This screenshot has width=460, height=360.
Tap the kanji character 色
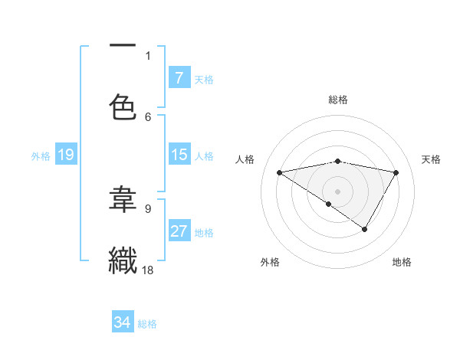123,107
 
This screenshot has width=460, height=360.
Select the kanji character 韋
123,200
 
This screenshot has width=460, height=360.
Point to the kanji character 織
123,260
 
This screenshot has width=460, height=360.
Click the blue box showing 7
179,78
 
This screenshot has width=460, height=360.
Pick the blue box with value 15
179,155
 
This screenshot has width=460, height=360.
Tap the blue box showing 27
179,231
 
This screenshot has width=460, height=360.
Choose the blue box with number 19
66,155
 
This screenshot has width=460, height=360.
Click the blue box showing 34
123,322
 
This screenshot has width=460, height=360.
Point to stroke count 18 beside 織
149,270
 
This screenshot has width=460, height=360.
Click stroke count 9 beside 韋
148,208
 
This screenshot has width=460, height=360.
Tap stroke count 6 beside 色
148,116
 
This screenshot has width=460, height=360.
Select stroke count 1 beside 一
148,55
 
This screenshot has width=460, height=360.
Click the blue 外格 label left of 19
41,156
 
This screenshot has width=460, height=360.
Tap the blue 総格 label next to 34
147,324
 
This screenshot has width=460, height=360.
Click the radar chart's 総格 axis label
338,100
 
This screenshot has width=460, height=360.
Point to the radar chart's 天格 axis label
431,159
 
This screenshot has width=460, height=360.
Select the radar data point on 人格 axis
280,172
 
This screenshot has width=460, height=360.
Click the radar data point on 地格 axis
365,228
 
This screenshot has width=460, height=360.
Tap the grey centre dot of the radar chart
337,191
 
